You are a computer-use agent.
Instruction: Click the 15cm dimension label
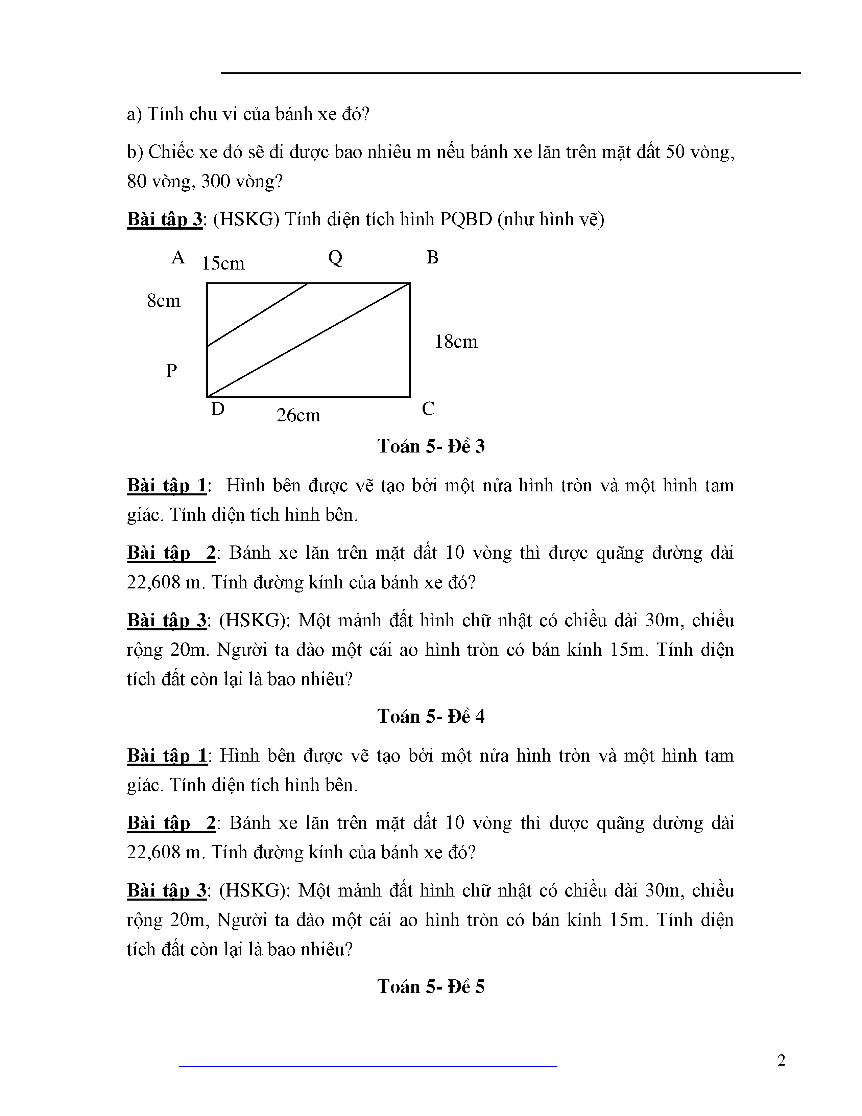pyautogui.click(x=223, y=264)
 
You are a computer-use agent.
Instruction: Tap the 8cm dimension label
pyautogui.click(x=163, y=301)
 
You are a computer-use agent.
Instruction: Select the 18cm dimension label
pyautogui.click(x=456, y=342)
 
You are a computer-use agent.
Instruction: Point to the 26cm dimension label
pyautogui.click(x=298, y=415)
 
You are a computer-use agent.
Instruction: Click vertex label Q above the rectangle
pyautogui.click(x=335, y=258)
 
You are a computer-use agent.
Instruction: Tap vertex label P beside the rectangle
pyautogui.click(x=172, y=370)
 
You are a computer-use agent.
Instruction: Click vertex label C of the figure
pyautogui.click(x=428, y=409)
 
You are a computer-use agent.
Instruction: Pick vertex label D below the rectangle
pyautogui.click(x=218, y=409)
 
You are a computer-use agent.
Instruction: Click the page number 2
pyautogui.click(x=781, y=1061)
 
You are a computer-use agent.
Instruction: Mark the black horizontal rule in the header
pyautogui.click(x=511, y=73)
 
